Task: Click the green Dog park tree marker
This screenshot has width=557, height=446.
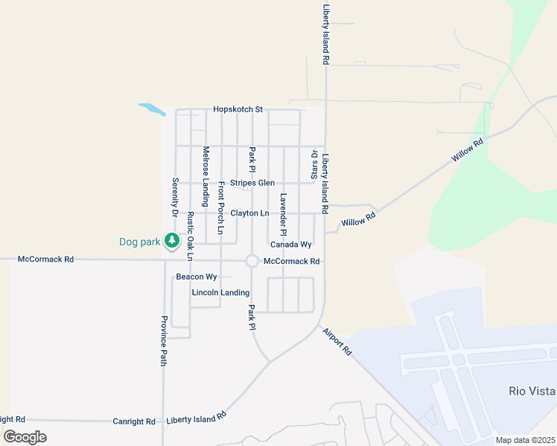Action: click(x=172, y=240)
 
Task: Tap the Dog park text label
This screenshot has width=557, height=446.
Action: click(x=139, y=242)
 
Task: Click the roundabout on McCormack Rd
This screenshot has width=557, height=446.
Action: click(x=252, y=261)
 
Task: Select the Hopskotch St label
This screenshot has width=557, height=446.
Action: click(x=238, y=109)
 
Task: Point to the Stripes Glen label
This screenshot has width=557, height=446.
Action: click(x=252, y=183)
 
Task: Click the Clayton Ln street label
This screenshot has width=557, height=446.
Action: click(x=249, y=213)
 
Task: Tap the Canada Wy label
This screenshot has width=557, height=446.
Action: click(x=290, y=245)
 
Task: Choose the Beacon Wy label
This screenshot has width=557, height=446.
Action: click(x=197, y=277)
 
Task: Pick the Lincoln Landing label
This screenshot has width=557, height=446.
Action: click(x=220, y=293)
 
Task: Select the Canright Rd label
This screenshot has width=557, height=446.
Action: click(x=134, y=421)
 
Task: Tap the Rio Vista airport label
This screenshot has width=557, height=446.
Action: click(x=532, y=391)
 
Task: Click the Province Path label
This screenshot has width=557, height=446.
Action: click(x=164, y=340)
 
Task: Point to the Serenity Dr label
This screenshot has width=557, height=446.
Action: click(x=175, y=197)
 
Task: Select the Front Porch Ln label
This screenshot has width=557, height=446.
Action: click(x=220, y=210)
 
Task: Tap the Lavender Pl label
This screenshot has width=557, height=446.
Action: click(x=284, y=210)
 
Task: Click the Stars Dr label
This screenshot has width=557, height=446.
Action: click(x=313, y=165)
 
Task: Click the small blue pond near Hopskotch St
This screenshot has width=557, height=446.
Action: click(x=152, y=109)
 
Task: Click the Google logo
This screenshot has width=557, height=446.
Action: click(x=25, y=436)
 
